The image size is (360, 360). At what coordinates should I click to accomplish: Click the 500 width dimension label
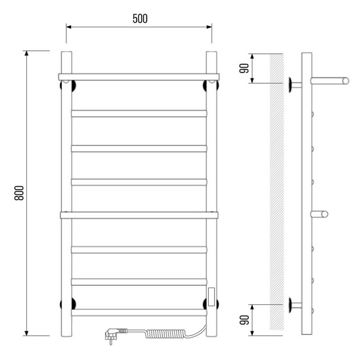[x=140, y=18]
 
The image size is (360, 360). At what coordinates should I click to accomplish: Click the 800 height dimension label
[x=19, y=193]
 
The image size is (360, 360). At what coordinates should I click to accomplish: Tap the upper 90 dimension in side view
[x=244, y=68]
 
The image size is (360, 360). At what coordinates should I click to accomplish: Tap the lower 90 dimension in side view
[x=244, y=320]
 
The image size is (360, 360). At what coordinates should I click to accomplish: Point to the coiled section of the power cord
[x=165, y=333]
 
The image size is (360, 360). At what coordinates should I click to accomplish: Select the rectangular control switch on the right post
[x=211, y=297]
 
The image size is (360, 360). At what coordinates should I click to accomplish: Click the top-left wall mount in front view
[x=68, y=85]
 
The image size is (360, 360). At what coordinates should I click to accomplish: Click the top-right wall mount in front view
[x=211, y=85]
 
